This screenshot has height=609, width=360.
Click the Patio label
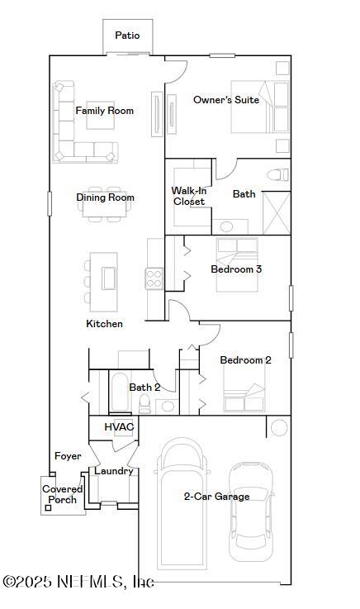point(127,36)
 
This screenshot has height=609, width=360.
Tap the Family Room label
point(105,111)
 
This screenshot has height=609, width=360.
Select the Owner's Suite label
point(226,100)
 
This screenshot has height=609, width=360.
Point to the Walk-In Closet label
point(189,196)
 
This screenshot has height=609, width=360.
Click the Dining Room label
point(106,197)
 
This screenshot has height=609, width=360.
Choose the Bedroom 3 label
point(237,269)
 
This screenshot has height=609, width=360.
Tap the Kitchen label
point(105,324)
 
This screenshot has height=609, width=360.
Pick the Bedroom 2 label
point(245,360)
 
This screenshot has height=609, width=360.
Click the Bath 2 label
point(144,387)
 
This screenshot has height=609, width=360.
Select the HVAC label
point(118,426)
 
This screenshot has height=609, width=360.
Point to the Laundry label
point(114,471)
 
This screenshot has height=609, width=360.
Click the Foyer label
point(68,456)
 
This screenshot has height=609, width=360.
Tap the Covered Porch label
point(63,494)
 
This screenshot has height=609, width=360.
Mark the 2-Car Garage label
point(216,497)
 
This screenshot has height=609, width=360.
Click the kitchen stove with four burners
point(154,278)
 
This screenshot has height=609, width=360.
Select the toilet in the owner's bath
point(279,174)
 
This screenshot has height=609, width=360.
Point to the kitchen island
point(107,277)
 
